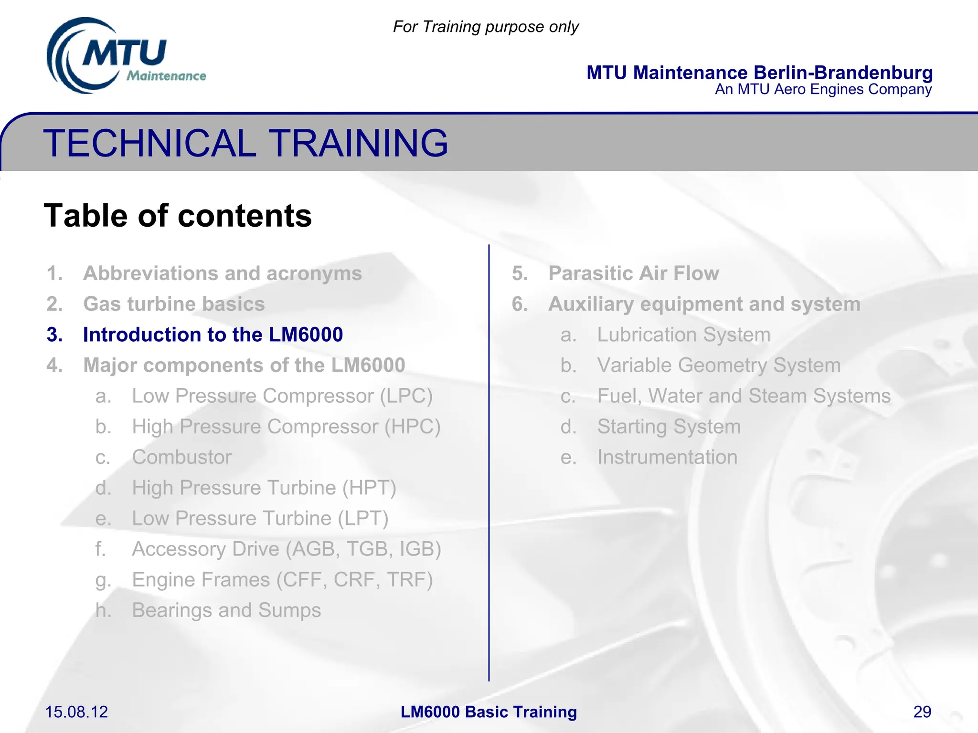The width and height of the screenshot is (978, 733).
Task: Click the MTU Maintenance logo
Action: pos(125,56)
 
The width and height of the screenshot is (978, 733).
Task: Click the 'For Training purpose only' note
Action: pos(486,27)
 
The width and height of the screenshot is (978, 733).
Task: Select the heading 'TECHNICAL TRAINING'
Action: pos(246,143)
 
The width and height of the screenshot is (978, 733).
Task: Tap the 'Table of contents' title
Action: pos(178,216)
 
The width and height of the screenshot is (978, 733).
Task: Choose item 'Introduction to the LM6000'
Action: pos(213,335)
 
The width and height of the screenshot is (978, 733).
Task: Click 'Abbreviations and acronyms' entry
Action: pos(223,273)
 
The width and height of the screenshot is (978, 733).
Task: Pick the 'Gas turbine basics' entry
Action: pos(174,304)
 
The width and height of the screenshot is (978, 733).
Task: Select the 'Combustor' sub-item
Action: pos(182,457)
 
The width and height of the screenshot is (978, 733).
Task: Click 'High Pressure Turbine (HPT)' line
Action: pos(264,488)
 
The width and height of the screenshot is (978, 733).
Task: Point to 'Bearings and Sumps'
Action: pos(226,610)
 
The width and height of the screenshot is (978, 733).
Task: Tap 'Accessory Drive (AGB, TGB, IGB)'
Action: pos(287,549)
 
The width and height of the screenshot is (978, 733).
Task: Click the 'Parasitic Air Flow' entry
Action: pos(633,273)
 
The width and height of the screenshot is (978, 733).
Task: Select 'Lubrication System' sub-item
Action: pos(684,335)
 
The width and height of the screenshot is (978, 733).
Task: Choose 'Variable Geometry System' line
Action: pos(719,365)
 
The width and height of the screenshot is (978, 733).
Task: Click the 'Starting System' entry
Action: pos(669,427)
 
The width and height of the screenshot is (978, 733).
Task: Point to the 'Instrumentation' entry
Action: pos(667,457)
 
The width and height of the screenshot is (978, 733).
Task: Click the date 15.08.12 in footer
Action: pos(76,712)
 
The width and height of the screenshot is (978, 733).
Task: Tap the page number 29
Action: pos(922,712)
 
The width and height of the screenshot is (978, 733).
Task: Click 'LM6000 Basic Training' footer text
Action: pos(489,712)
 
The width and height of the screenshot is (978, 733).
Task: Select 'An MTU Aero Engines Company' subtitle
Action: pos(823,89)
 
